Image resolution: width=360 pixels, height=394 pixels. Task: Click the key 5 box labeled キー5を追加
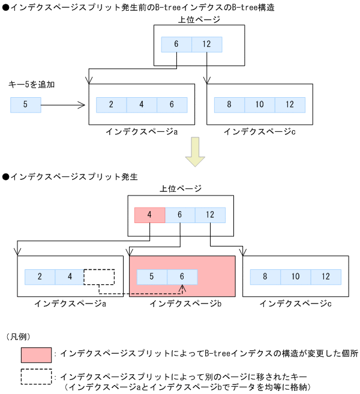pos(25,105)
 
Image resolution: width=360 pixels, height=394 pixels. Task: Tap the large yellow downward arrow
pos(195,152)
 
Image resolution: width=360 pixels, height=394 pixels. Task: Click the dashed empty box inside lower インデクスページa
pos(99,277)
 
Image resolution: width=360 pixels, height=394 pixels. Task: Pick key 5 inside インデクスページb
pos(152,277)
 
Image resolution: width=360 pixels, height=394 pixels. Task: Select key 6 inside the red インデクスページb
pos(182,277)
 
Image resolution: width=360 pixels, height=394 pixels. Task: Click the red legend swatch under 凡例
pos(37,354)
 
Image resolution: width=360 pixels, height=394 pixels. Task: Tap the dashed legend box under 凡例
pos(37,377)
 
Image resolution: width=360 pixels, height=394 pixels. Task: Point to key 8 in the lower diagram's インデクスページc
pos(265,277)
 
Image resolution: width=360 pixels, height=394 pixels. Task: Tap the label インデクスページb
pos(185,304)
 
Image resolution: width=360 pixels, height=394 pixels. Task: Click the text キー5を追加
pos(31,85)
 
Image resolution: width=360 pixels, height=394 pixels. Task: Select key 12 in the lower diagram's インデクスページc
pos(325,277)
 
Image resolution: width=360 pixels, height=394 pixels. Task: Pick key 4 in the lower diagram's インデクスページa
pos(70,277)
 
